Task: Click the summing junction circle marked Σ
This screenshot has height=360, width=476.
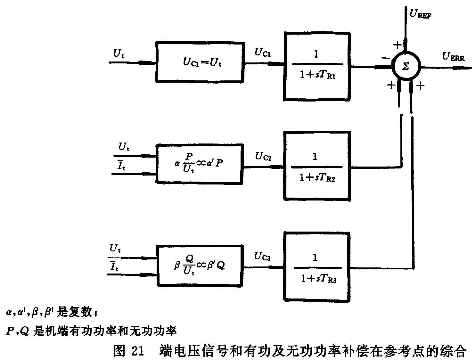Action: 406,66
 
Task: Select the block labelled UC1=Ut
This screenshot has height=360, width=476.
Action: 200,62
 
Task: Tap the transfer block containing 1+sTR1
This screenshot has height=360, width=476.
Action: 317,66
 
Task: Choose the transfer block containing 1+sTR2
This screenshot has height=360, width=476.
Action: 317,166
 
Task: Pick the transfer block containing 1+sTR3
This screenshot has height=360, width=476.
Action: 317,267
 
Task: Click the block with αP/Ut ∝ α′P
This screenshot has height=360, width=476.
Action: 200,164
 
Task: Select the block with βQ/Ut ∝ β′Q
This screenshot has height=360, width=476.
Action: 200,266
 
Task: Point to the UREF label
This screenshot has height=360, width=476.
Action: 420,14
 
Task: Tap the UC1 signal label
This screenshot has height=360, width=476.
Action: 262,53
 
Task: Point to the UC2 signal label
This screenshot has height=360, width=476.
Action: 263,157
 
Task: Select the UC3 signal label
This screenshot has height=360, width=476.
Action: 262,256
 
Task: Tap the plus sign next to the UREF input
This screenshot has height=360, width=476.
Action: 397,45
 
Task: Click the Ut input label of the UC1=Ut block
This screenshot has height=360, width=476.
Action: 119,53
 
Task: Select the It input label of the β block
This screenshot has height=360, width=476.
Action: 114,266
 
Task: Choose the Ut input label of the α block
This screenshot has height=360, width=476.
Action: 124,147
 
